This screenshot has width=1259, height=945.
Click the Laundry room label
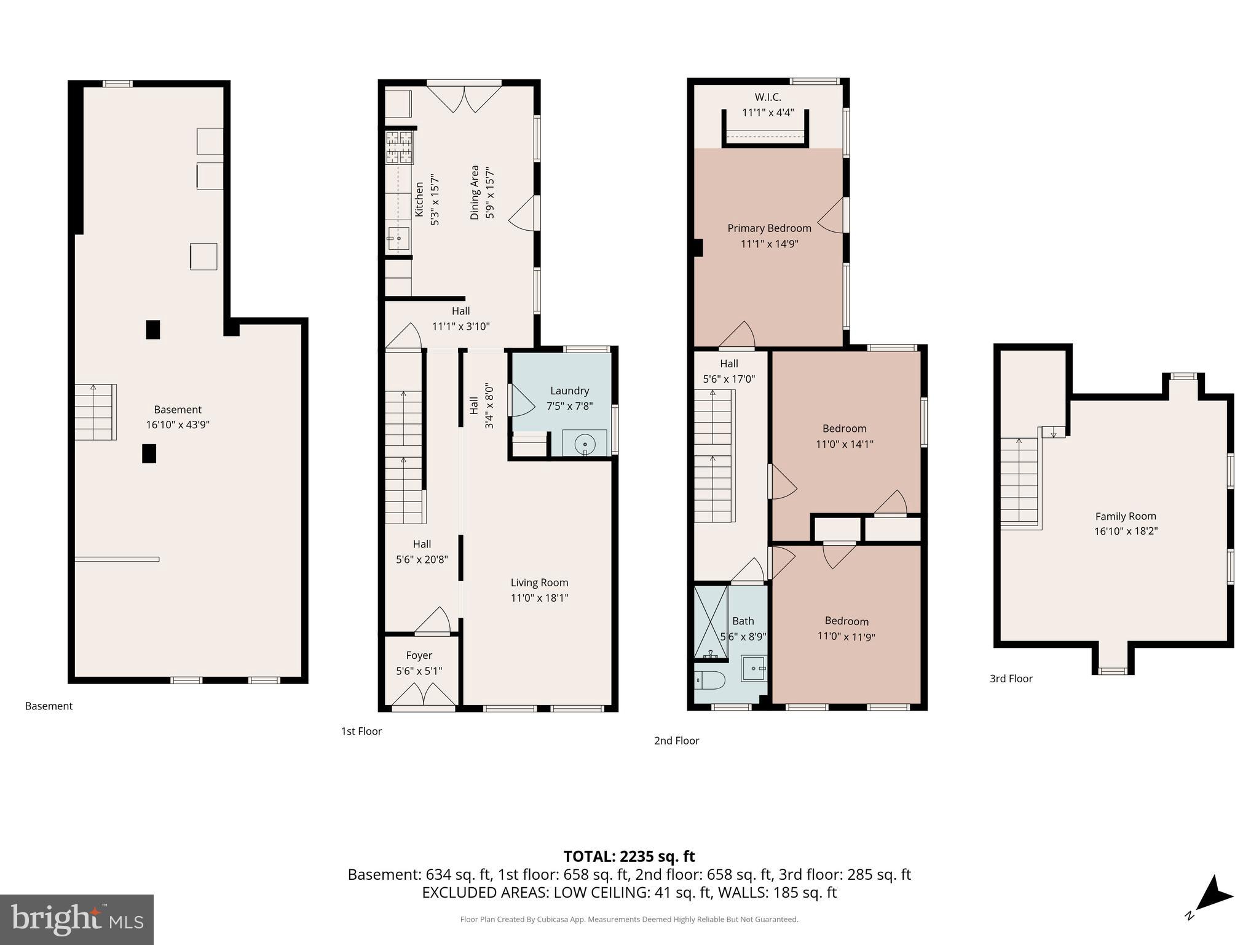click(x=569, y=391)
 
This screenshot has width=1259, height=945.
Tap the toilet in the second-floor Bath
click(x=711, y=680)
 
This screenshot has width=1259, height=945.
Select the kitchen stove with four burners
click(x=399, y=147)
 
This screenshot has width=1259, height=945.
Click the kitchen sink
click(x=398, y=237)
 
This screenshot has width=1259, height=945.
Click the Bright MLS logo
click(x=76, y=919)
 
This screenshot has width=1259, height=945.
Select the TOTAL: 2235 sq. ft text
click(x=629, y=856)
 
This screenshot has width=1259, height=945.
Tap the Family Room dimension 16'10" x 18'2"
click(x=1126, y=531)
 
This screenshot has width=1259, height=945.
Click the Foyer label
click(x=419, y=655)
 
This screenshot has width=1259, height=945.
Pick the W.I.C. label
click(x=768, y=97)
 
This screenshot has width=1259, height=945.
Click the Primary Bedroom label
click(x=769, y=228)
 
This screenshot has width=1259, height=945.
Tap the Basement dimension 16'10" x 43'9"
click(x=178, y=425)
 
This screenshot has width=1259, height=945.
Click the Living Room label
click(x=539, y=583)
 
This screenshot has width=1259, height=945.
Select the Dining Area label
click(x=475, y=192)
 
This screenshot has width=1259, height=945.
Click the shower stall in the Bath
click(x=710, y=621)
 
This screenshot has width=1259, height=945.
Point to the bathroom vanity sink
click(x=754, y=668)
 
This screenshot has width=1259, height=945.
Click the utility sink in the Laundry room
click(x=585, y=444)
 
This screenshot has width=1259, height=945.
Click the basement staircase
click(x=95, y=412)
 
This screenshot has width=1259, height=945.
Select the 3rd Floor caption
click(x=1011, y=679)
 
